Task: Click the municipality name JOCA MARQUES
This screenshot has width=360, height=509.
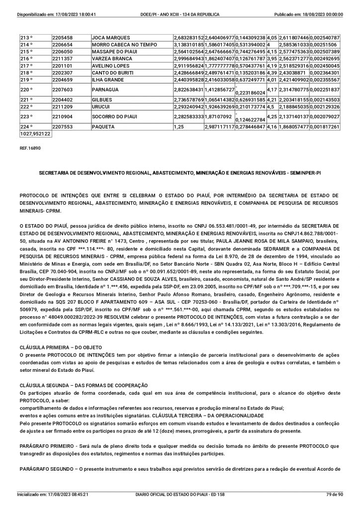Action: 111,38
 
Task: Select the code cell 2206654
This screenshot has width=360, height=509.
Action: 63,45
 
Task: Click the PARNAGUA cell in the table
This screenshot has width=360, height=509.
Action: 106,89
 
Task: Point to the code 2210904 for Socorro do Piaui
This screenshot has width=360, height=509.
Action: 63,117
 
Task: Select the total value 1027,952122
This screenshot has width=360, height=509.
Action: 35,134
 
